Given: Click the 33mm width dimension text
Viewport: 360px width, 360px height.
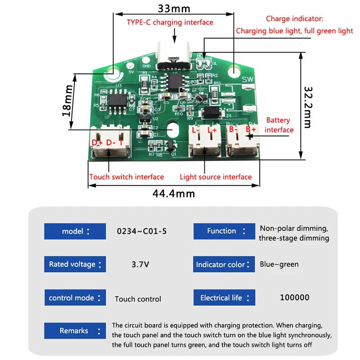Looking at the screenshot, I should click(x=174, y=9).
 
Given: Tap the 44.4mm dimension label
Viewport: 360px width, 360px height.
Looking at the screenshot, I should click(x=174, y=193).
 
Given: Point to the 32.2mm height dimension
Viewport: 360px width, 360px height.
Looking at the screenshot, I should click(x=307, y=107).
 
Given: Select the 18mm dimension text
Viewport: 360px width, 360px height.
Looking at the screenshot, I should click(x=66, y=101).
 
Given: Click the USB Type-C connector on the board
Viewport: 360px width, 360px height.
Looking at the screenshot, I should click(x=173, y=56).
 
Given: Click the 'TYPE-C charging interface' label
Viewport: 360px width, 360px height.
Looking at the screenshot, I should click(x=170, y=22).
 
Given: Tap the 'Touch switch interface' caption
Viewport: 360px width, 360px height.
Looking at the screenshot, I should click(x=126, y=177).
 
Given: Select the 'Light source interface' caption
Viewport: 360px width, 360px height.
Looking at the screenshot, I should click(x=216, y=177).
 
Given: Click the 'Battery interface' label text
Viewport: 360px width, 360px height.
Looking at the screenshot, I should click(x=279, y=125).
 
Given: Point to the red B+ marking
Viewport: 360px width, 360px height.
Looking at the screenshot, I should click(x=251, y=130).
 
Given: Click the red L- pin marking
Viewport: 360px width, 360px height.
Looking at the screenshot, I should click(x=196, y=130).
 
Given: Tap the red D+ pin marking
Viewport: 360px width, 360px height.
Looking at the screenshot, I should click(x=97, y=143).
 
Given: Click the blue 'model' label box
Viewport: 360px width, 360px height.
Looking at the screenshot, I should click(x=75, y=231).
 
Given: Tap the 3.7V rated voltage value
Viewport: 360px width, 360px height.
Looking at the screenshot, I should click(x=140, y=265).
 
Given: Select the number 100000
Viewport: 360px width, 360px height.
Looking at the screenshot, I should click(x=294, y=297).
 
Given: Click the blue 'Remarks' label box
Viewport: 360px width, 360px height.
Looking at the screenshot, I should click(x=75, y=331).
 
